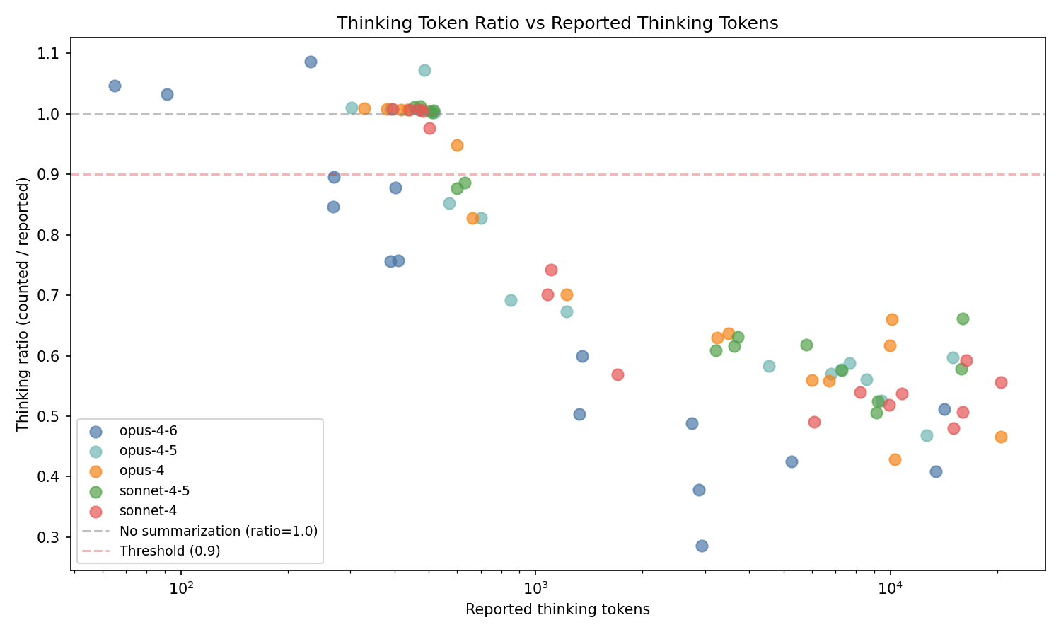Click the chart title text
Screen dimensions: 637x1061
pos(557,23)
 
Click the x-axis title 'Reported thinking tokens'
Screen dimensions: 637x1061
pos(557,609)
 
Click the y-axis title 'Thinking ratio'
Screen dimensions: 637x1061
pos(23,304)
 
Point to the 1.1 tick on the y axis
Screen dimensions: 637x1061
pos(54,54)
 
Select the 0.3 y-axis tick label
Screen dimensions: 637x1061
pos(54,537)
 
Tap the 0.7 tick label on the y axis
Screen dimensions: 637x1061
pos(54,296)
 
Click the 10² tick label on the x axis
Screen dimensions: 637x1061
pos(182,587)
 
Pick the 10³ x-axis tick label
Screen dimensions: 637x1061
pos(536,587)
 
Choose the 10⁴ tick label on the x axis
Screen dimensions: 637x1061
pos(891,587)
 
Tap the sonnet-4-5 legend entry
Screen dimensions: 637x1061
pos(154,490)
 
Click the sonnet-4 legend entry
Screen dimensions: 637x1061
pos(148,510)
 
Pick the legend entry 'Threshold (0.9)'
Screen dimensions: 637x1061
pos(170,551)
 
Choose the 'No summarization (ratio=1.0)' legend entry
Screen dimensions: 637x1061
pos(218,531)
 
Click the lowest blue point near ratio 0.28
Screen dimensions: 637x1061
pos(702,546)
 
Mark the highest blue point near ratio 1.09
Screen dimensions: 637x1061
pos(311,62)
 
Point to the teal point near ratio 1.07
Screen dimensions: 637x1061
pos(424,70)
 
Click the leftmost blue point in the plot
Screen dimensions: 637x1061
pos(115,86)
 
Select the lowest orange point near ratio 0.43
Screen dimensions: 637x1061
pos(895,459)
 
